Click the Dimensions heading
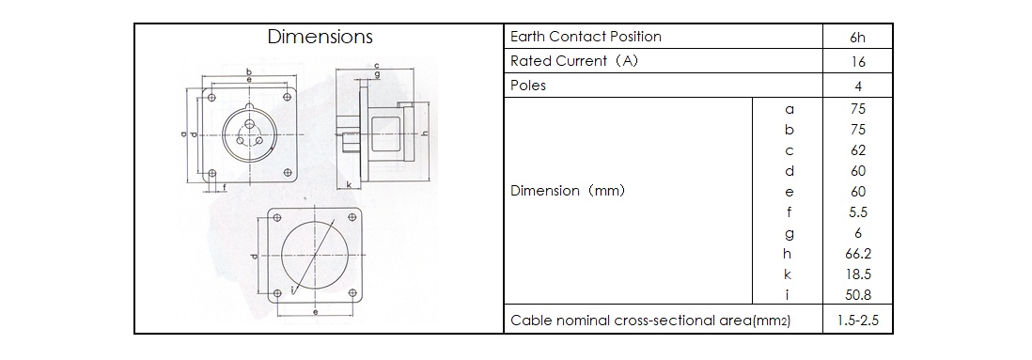[x=320, y=37]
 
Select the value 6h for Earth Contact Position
[x=857, y=38]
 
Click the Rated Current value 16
[x=857, y=62]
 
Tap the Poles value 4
[x=857, y=86]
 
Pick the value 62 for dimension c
[x=857, y=150]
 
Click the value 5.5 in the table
[x=857, y=211]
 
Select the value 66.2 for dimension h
[x=857, y=254]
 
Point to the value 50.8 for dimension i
[x=857, y=295]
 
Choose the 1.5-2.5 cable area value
[x=857, y=321]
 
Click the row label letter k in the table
[x=788, y=274]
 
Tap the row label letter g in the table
[x=789, y=234]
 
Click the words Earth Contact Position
[x=586, y=37]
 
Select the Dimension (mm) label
[x=568, y=191]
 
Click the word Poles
[x=528, y=86]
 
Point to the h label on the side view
[x=425, y=133]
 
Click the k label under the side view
[x=348, y=185]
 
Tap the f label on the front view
[x=225, y=188]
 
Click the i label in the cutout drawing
[x=291, y=290]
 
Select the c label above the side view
[x=376, y=65]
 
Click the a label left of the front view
[x=183, y=134]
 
